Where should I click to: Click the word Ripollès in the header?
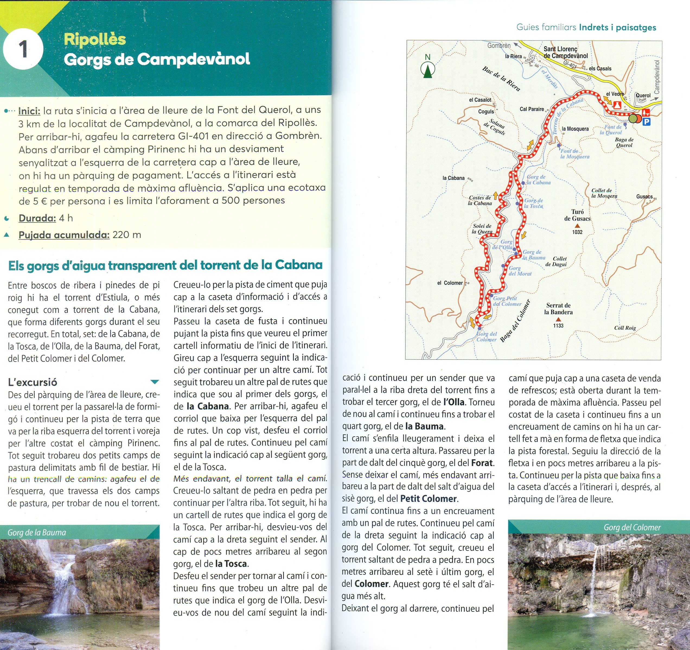point(95,39)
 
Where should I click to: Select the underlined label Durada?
point(37,218)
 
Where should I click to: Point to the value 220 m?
point(127,235)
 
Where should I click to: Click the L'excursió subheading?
point(33,382)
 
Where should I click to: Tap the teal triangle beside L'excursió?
point(155,382)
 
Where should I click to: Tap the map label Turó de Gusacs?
point(577,215)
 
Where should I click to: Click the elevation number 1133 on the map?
point(558,325)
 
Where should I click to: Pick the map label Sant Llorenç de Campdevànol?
point(566,52)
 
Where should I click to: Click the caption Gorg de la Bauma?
point(37,532)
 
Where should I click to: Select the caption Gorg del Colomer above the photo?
point(632,527)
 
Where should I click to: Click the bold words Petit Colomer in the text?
point(428,499)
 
